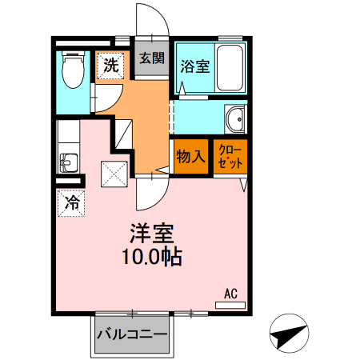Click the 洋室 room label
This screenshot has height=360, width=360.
tap(153, 234)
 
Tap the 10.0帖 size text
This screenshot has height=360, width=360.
tap(152, 256)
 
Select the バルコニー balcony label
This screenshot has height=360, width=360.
tap(132, 334)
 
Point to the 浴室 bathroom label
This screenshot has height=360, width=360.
tap(194, 66)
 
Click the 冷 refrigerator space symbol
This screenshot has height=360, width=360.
tap(71, 202)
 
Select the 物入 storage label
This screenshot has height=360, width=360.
tap(190, 157)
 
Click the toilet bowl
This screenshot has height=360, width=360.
tap(74, 70)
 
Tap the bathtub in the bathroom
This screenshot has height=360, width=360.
tap(230, 67)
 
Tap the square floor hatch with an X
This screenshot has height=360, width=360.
tap(113, 172)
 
